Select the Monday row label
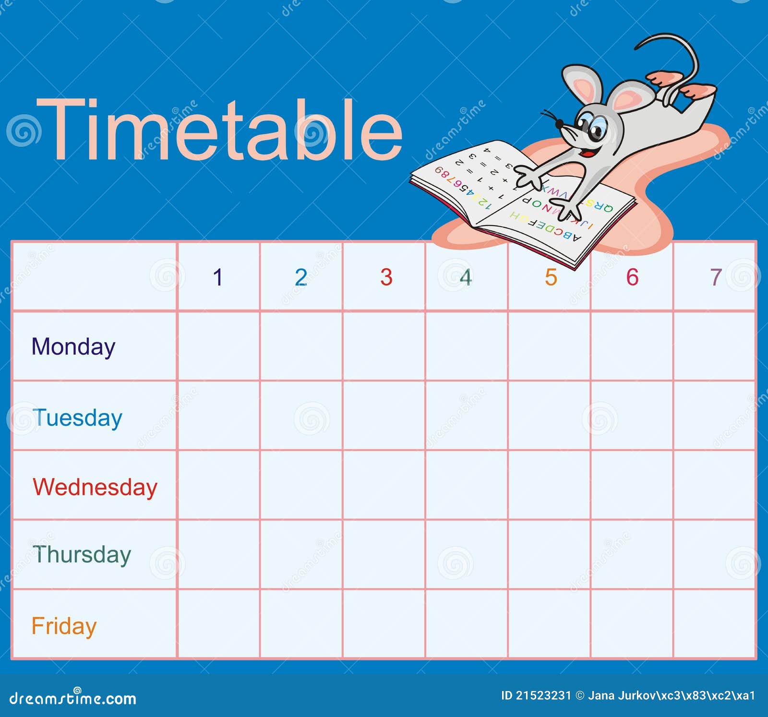73,347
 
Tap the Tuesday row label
77,418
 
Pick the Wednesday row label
95,487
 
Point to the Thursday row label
82,555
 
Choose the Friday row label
64,626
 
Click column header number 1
218,277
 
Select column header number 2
301,277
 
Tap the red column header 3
386,277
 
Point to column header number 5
551,277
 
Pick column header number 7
716,277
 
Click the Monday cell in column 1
218,346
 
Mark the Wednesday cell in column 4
467,485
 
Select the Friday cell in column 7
714,624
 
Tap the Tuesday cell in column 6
632,416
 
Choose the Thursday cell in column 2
301,554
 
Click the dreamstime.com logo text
72,698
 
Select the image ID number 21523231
543,695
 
